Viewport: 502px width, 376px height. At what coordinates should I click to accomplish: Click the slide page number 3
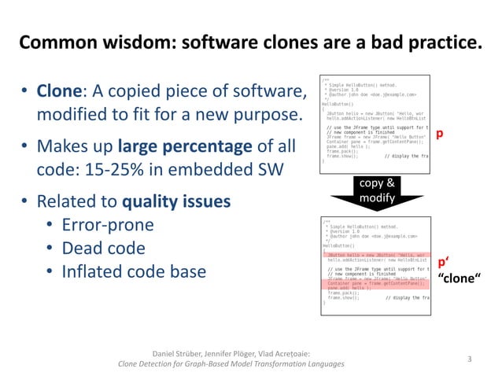pyautogui.click(x=469, y=359)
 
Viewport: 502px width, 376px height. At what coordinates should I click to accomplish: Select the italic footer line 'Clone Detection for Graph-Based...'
pyautogui.click(x=230, y=364)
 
